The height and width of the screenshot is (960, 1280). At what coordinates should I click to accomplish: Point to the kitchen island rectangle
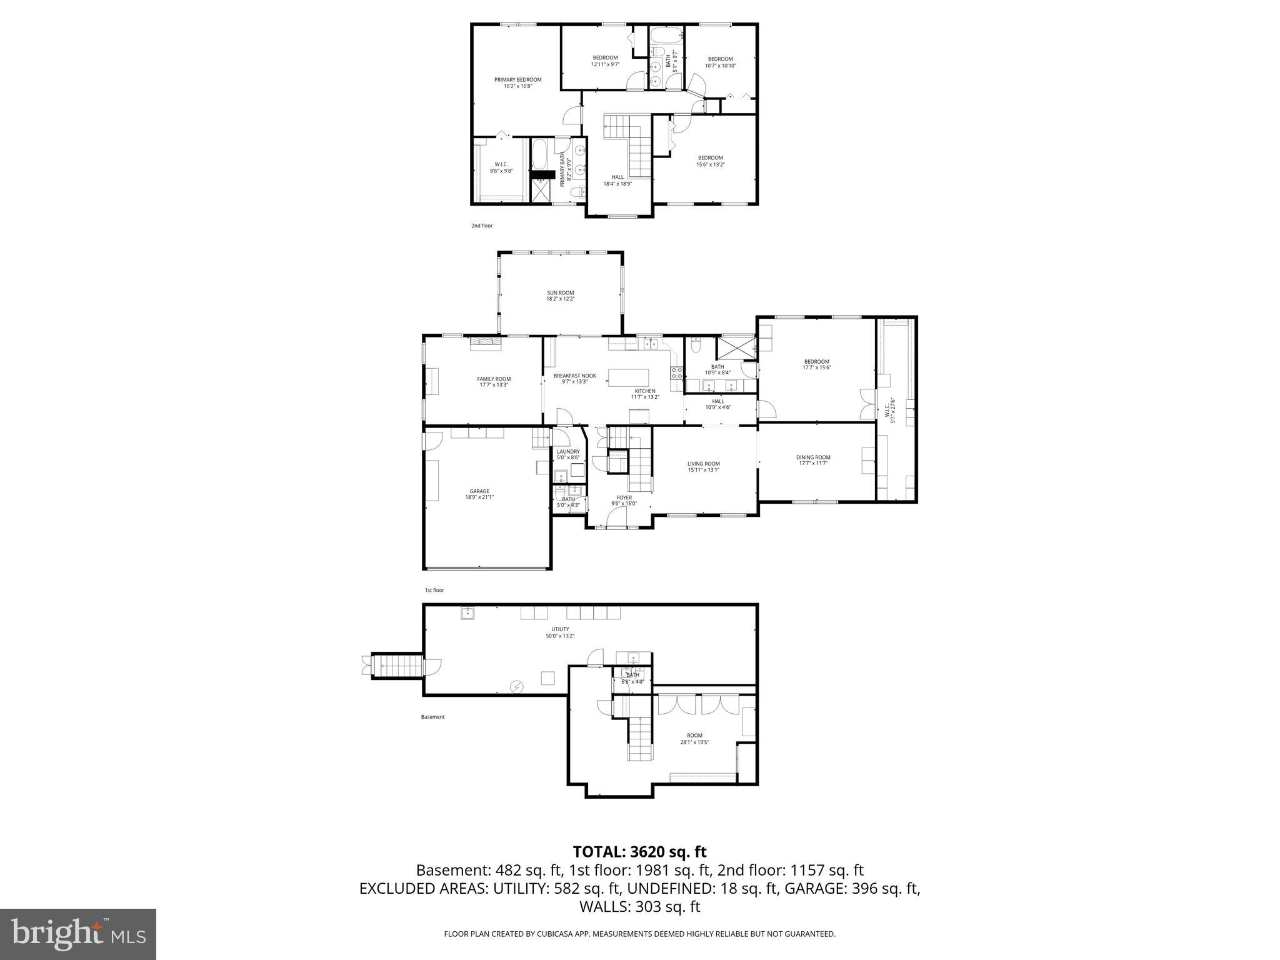click(x=629, y=377)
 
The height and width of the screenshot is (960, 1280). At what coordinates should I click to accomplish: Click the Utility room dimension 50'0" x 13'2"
click(x=559, y=636)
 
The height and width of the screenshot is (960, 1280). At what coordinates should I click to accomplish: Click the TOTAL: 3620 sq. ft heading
click(x=639, y=851)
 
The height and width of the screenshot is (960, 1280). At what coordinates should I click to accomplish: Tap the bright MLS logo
click(x=78, y=934)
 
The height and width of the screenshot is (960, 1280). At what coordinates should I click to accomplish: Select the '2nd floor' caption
click(x=482, y=226)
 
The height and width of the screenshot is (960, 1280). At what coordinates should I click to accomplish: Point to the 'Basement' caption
click(x=432, y=717)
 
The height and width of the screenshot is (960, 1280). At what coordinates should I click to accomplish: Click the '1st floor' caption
click(x=434, y=590)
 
